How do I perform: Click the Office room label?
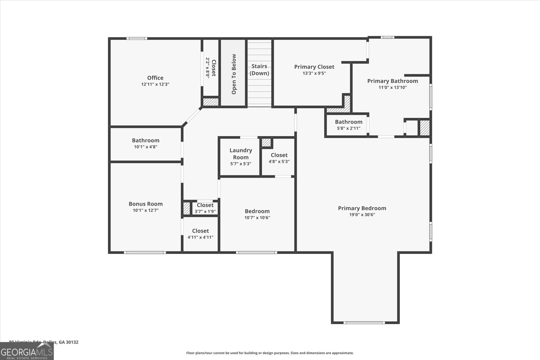[155, 78]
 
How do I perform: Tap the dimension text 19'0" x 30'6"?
[362, 215]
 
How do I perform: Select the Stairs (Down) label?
[259, 70]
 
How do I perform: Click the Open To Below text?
[234, 74]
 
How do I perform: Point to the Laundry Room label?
[241, 154]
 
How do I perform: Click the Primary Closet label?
[314, 67]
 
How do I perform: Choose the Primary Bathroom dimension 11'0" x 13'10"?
[393, 87]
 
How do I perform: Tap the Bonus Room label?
[145, 204]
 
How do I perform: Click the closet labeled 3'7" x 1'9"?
[205, 208]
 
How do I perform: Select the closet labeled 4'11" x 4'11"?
[200, 234]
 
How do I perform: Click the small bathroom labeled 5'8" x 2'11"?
[348, 125]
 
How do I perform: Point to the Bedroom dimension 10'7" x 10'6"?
[257, 218]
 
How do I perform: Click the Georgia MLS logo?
[27, 351]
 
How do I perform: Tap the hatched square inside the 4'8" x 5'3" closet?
[266, 143]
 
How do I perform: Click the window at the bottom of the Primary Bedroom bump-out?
[364, 323]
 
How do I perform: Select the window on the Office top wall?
[137, 38]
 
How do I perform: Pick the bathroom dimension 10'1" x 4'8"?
[145, 147]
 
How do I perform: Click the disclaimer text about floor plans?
[270, 353]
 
